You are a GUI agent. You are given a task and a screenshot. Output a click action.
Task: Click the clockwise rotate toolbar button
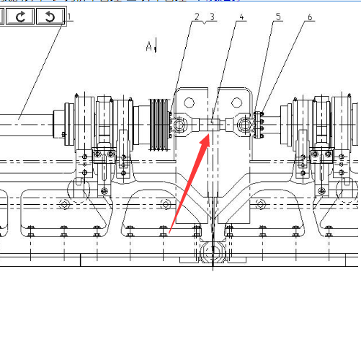coord(20,16)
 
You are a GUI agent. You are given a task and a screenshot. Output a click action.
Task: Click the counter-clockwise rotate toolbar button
coord(50,16)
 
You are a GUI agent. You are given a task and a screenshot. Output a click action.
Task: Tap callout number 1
coord(69,17)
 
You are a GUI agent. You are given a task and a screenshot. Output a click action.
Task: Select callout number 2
coord(197,17)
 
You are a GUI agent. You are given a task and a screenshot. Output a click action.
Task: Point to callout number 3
coord(212,17)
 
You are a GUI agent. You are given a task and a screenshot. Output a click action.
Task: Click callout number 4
coord(241,17)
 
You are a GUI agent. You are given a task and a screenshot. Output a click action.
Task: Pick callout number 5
coord(278,17)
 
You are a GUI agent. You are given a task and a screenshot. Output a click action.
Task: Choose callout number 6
coord(310,17)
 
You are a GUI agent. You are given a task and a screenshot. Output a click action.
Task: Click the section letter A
coord(149,46)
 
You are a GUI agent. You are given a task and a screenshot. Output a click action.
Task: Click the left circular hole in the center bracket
coord(189,102)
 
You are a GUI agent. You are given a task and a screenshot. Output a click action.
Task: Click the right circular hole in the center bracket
coord(236,102)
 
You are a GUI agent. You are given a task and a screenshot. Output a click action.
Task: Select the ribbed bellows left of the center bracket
coord(159,125)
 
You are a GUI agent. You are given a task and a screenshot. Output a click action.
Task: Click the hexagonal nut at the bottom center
coord(213,252)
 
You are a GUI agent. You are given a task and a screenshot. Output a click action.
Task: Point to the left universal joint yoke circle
coord(179,125)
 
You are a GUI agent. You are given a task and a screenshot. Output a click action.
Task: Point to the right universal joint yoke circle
coord(244,125)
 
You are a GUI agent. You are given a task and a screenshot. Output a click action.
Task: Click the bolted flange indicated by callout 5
coord(258,125)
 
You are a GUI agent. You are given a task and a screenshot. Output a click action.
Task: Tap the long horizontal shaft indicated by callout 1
coord(27,125)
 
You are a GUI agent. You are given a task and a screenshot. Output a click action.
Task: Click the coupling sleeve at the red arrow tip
coord(208,125)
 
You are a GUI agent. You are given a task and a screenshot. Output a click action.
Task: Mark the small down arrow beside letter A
coord(156,45)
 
